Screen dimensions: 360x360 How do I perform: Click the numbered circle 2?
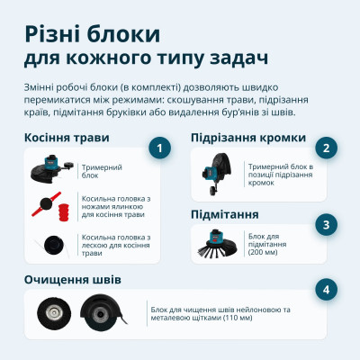pos(328,148)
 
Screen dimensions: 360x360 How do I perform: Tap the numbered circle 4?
pos(328,289)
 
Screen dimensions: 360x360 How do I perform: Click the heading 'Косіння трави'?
pos(67,138)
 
